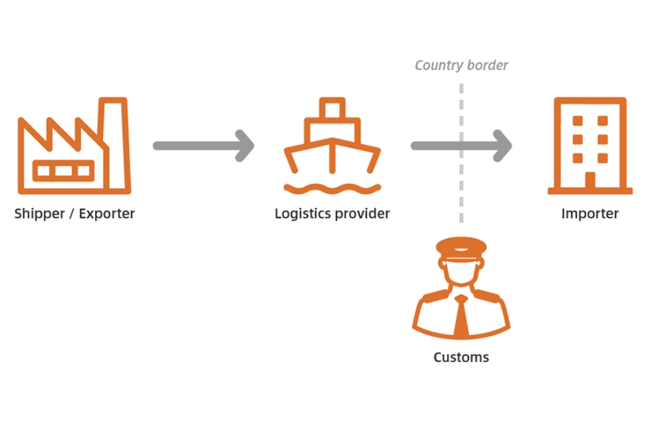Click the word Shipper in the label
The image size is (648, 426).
pyautogui.click(x=39, y=214)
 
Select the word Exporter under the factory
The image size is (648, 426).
pyautogui.click(x=107, y=214)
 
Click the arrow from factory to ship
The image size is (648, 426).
pyautogui.click(x=203, y=146)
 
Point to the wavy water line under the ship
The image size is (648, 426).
pyautogui.click(x=332, y=189)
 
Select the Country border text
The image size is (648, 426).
pyautogui.click(x=461, y=65)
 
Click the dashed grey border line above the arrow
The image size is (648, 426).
pyautogui.click(x=461, y=106)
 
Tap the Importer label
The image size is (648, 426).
pyautogui.click(x=589, y=214)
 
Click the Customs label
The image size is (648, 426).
pyautogui.click(x=460, y=358)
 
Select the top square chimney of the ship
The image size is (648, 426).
pyautogui.click(x=332, y=108)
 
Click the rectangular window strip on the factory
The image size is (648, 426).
pyautogui.click(x=63, y=171)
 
